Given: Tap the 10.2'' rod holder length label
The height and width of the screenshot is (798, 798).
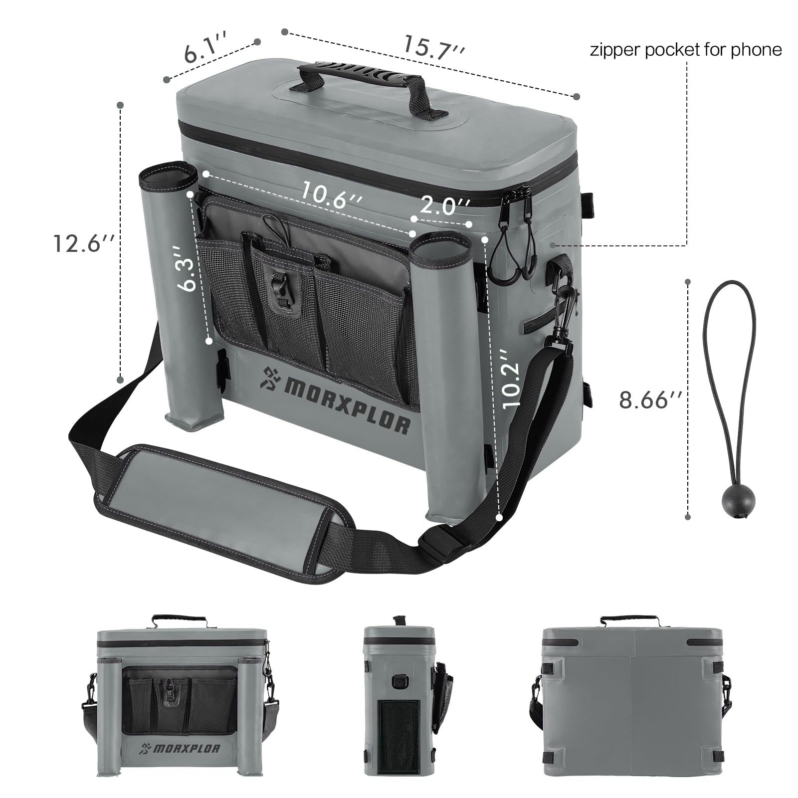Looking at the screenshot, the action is coord(511,379).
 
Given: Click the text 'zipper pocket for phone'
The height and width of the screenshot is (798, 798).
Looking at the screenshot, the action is coord(686,50).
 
